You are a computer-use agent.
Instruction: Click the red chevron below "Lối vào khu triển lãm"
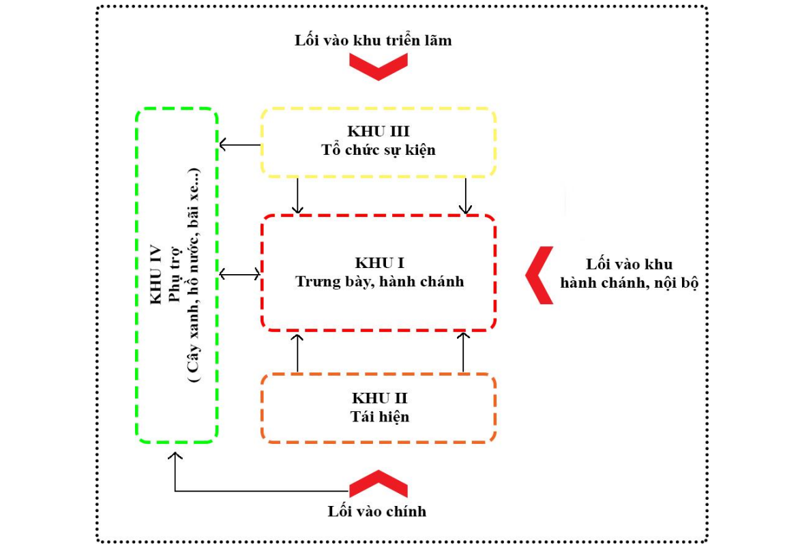click(379, 66)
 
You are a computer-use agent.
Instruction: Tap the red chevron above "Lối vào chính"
click(379, 483)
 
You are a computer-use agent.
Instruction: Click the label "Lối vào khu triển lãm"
click(373, 40)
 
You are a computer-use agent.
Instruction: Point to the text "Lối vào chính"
click(377, 511)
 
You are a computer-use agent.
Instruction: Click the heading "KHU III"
click(378, 132)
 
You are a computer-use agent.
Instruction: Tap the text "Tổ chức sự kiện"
click(378, 150)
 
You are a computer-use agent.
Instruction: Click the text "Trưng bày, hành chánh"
click(379, 281)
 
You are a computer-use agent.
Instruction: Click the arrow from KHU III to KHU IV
click(239, 145)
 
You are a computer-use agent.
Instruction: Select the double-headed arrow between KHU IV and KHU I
click(239, 274)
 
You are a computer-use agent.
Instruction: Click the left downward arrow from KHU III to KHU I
click(297, 195)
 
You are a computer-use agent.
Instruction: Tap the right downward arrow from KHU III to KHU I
click(465, 195)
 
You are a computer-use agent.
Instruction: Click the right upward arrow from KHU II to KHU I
click(463, 353)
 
